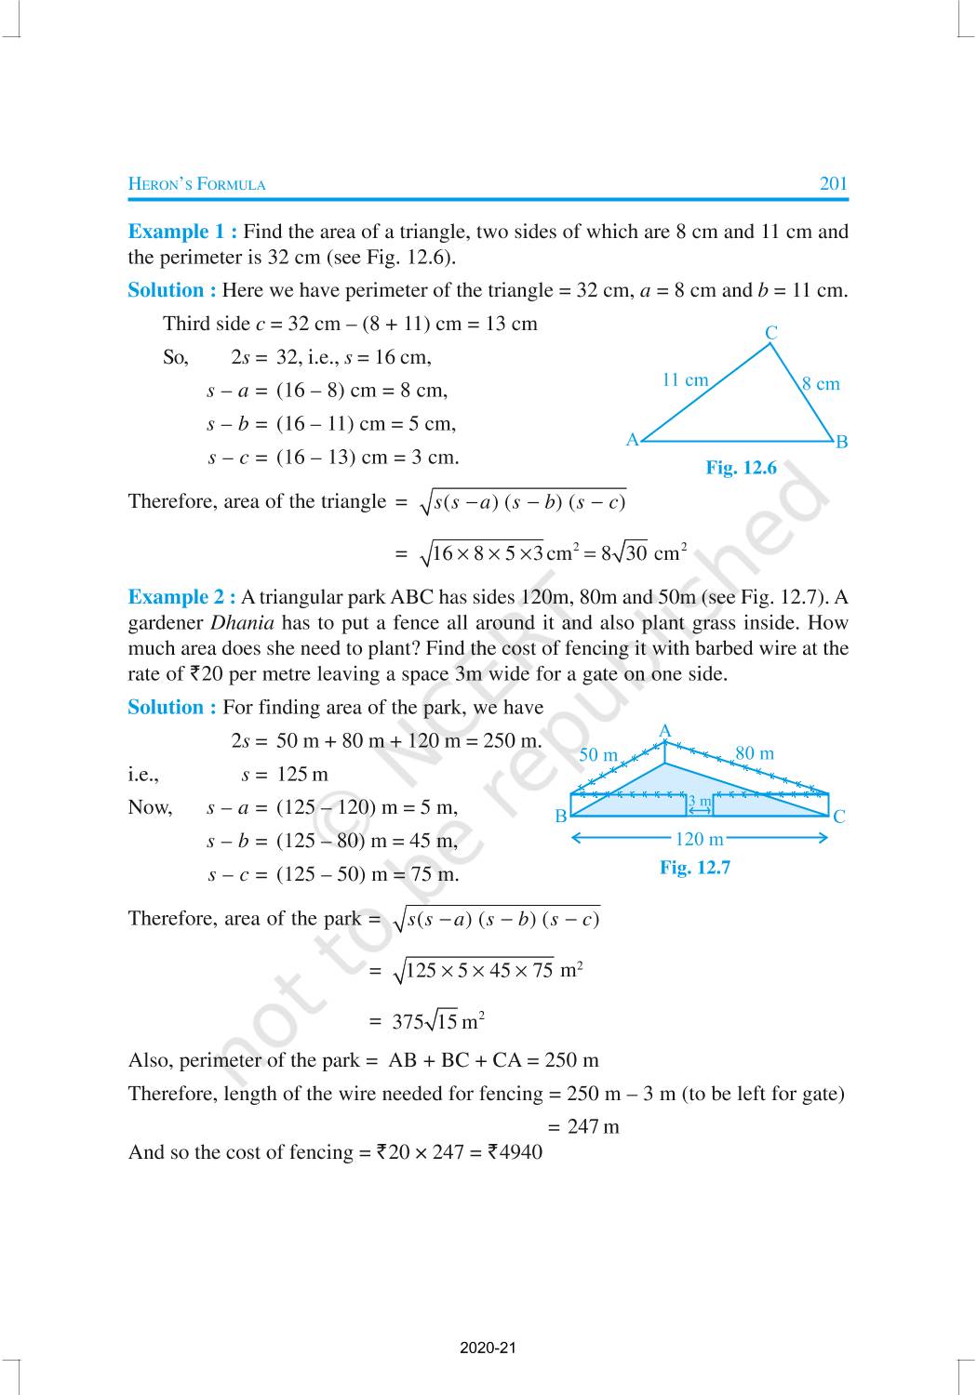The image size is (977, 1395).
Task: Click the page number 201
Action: coord(833,183)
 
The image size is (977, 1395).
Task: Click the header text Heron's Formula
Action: coord(196,184)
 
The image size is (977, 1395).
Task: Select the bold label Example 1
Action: coord(181,232)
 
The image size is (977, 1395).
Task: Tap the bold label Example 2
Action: coord(181,597)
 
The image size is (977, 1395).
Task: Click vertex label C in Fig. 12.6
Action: coord(771,333)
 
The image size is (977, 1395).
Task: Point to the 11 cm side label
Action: coord(685,379)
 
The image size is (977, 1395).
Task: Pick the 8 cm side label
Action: coord(821,383)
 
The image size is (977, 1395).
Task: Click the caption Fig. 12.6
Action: coord(741,468)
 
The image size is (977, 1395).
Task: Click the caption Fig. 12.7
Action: coord(695,868)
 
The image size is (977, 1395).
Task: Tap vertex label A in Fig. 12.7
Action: coord(664,732)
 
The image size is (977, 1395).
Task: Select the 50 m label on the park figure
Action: coord(598,754)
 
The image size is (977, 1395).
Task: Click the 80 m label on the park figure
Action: coord(755,753)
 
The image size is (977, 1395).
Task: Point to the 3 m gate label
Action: coord(699,802)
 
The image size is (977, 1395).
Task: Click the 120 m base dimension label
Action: coord(699,839)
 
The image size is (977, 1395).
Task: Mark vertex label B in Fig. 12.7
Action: coord(561,817)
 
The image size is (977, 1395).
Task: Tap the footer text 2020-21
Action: coord(488,1348)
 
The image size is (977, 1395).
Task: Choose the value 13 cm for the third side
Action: coord(512,324)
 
